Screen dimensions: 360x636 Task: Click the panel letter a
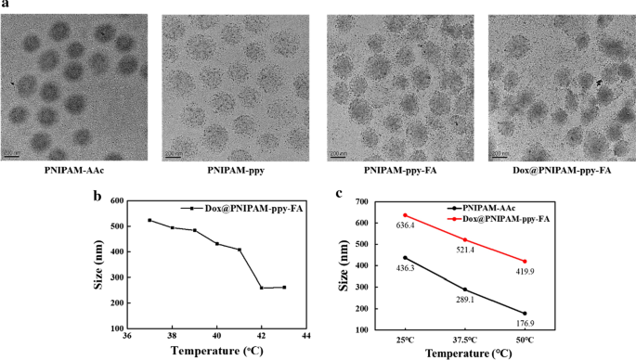point(6,6)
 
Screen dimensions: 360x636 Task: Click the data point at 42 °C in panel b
point(262,288)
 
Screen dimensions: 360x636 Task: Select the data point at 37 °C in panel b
point(149,220)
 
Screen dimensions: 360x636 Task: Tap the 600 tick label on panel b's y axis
point(119,200)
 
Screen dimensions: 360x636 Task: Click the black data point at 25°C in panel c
point(405,258)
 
